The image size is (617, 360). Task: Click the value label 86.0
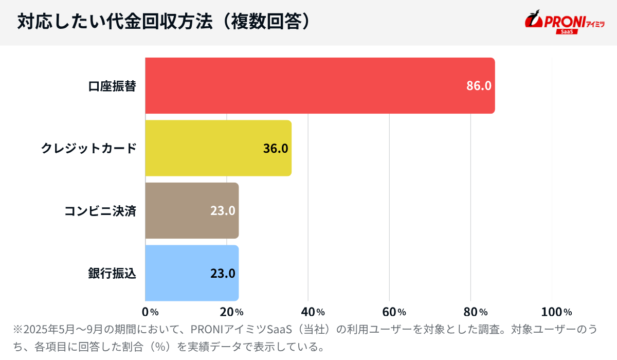pos(479,86)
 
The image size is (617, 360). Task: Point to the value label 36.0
pos(276,149)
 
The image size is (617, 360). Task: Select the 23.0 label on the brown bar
pos(223,211)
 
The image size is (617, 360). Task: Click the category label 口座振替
pos(112,86)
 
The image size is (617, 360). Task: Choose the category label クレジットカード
pos(88,149)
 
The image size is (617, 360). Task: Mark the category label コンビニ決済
pos(100,211)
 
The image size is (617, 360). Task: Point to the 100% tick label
pos(556,312)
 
